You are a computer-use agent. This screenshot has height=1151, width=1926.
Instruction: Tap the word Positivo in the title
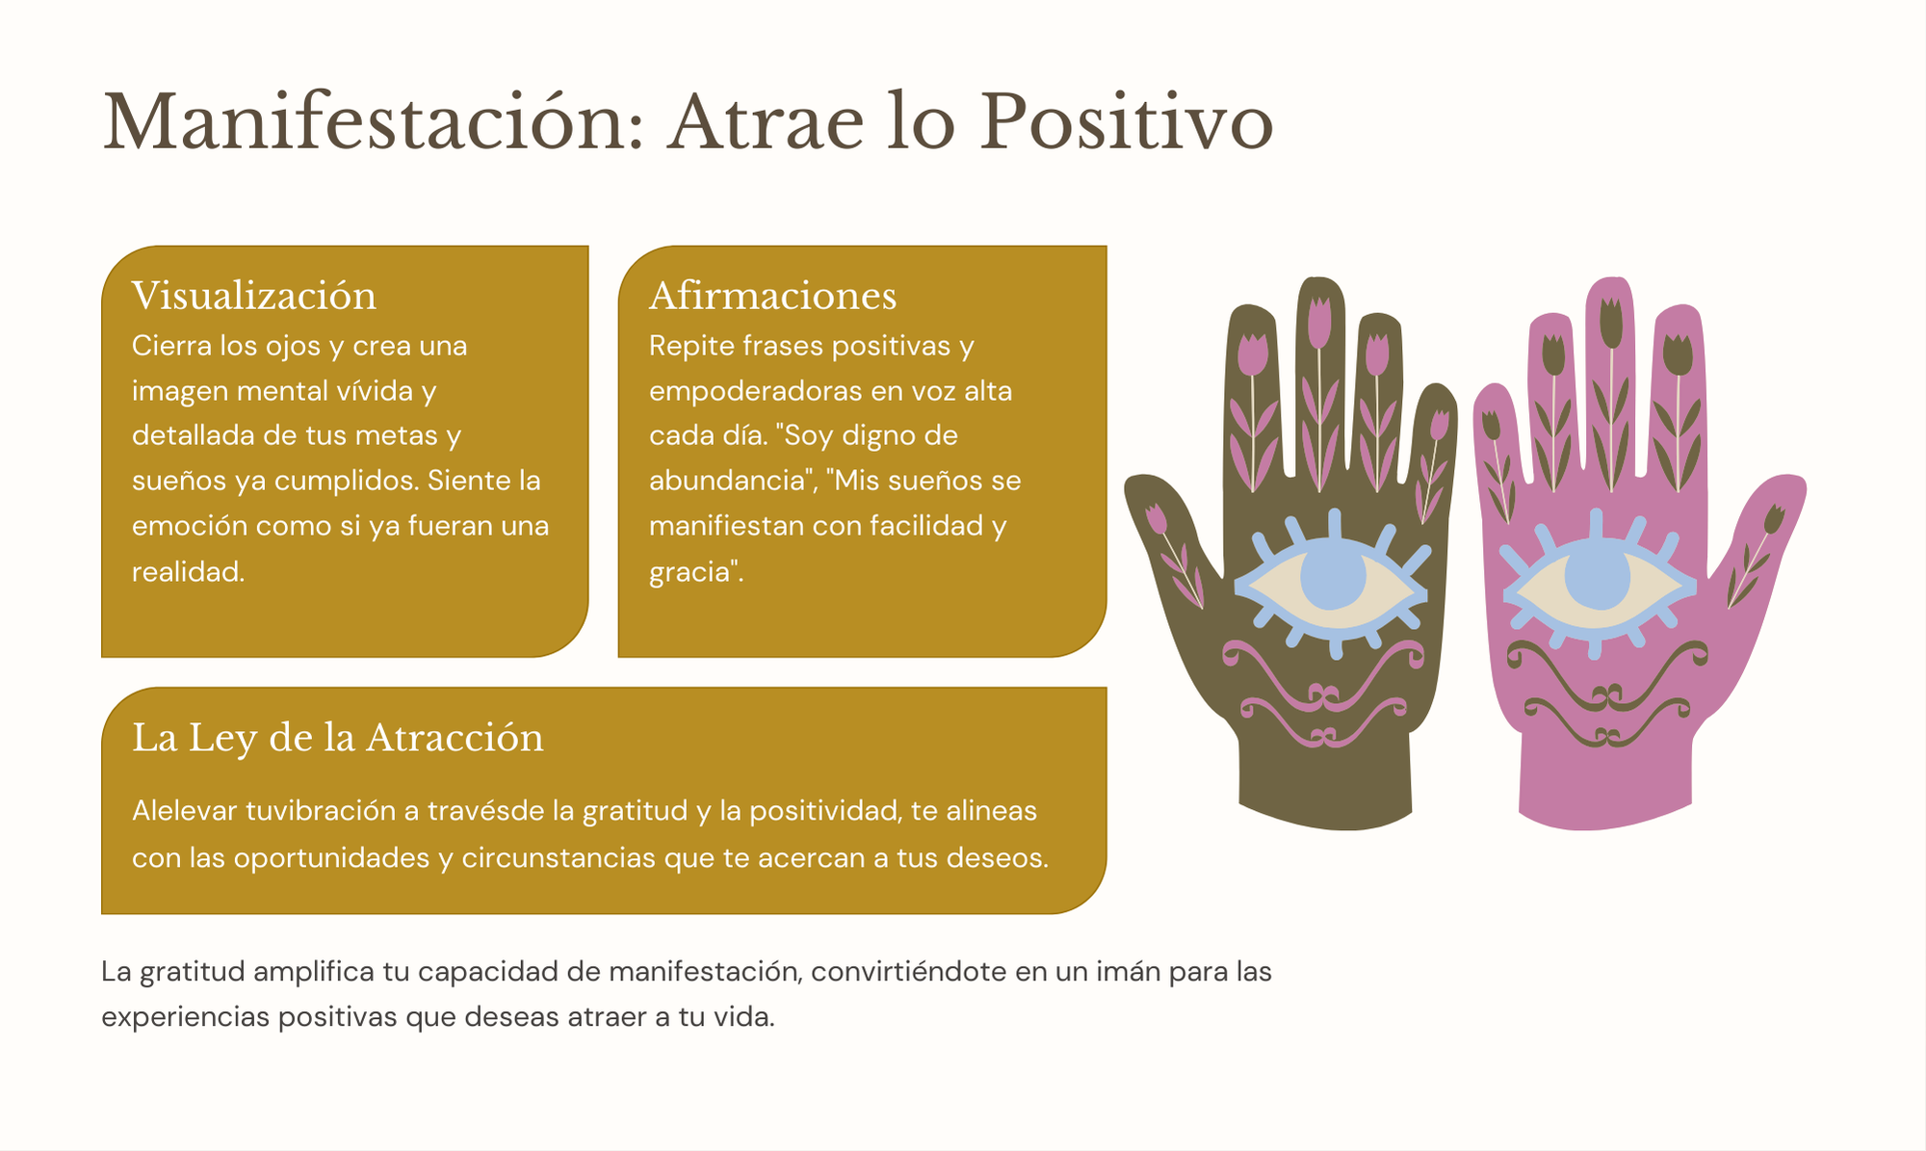click(1127, 122)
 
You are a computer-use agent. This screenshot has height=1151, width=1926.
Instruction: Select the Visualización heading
click(254, 296)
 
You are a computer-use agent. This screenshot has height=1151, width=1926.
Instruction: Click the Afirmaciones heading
click(772, 296)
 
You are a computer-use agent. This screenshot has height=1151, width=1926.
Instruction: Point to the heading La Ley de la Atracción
click(338, 738)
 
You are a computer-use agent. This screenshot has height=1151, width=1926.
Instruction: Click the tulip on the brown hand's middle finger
click(1319, 323)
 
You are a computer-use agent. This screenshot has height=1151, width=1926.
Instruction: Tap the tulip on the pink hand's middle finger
click(1611, 323)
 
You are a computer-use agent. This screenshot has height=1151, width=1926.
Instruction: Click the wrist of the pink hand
click(1605, 775)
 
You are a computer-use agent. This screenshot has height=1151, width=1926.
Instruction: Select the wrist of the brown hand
click(1325, 775)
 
